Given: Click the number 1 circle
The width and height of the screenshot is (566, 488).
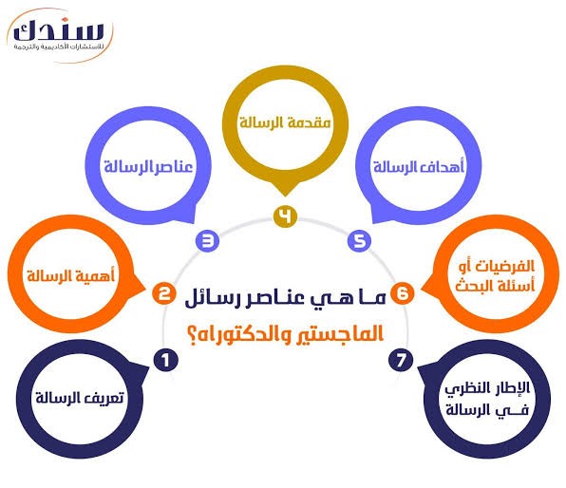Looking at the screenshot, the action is (x=166, y=360).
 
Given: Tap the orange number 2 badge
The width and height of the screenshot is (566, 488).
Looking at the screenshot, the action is (x=164, y=293).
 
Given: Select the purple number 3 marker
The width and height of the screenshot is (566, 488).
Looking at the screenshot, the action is (x=208, y=240).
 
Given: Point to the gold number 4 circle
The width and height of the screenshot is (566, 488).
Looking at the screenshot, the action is (x=285, y=216).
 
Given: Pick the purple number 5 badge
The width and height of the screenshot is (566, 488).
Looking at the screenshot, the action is (x=360, y=240).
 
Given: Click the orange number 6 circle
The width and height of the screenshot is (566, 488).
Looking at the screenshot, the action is (x=403, y=293).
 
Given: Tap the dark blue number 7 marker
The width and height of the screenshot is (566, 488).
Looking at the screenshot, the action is (x=401, y=360).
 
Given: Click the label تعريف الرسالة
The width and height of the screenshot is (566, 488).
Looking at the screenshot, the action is (x=80, y=398).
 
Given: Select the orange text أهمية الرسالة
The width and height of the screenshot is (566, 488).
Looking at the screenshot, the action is (x=70, y=276).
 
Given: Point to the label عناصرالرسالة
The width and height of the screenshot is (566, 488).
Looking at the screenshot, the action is (x=148, y=167).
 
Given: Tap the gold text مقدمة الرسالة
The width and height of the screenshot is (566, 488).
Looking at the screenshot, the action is (x=285, y=122).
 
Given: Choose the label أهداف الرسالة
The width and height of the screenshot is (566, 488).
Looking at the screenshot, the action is (x=419, y=166).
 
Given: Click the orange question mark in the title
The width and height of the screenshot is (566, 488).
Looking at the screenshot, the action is (x=193, y=335).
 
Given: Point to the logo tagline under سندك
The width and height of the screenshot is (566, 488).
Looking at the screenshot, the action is (x=59, y=47).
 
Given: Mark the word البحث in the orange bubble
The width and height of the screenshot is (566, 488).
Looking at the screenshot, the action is (x=474, y=286).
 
